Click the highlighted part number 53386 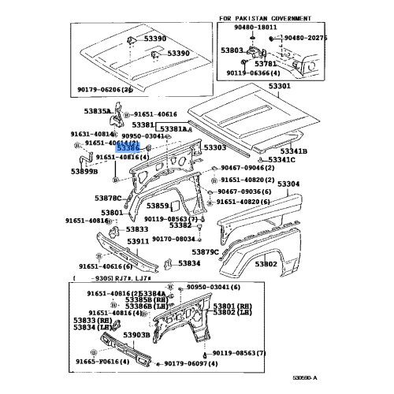click(128, 147)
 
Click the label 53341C click(281, 160)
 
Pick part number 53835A click(98, 112)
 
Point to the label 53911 click(139, 241)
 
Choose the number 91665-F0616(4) click(102, 360)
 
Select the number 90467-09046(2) click(247, 168)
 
